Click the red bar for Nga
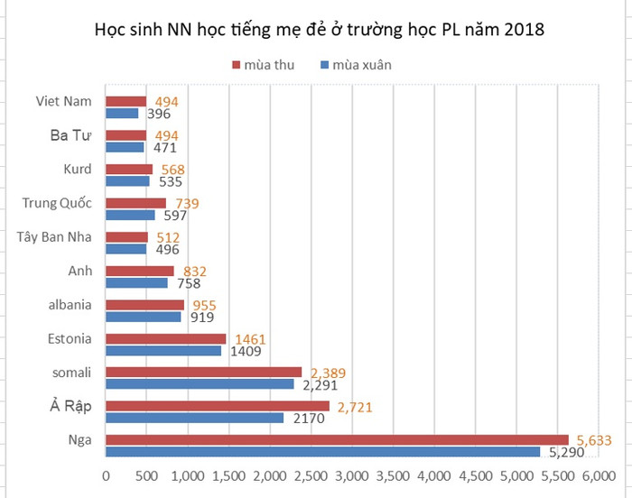click(x=337, y=440)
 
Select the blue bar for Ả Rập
click(x=194, y=418)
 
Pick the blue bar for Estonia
click(x=163, y=350)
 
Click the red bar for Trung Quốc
click(x=136, y=203)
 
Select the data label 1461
click(x=247, y=339)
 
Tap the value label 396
click(x=159, y=114)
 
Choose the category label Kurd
click(x=78, y=169)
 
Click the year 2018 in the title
click(x=524, y=31)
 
